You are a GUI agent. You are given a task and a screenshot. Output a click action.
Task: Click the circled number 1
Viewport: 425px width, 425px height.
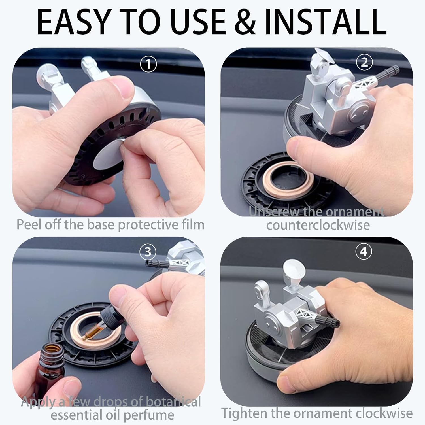tap(148, 65)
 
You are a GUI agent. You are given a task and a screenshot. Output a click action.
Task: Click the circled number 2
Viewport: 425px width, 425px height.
tap(364, 62)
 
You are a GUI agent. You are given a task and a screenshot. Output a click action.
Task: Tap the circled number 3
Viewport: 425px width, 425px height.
tap(148, 252)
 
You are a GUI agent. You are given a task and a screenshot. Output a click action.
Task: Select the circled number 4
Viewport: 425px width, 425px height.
tap(364, 251)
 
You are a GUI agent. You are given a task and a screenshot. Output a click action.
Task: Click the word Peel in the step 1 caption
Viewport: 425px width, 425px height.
tap(29, 225)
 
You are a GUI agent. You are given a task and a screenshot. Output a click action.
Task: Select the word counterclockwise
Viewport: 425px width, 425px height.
tap(318, 225)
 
